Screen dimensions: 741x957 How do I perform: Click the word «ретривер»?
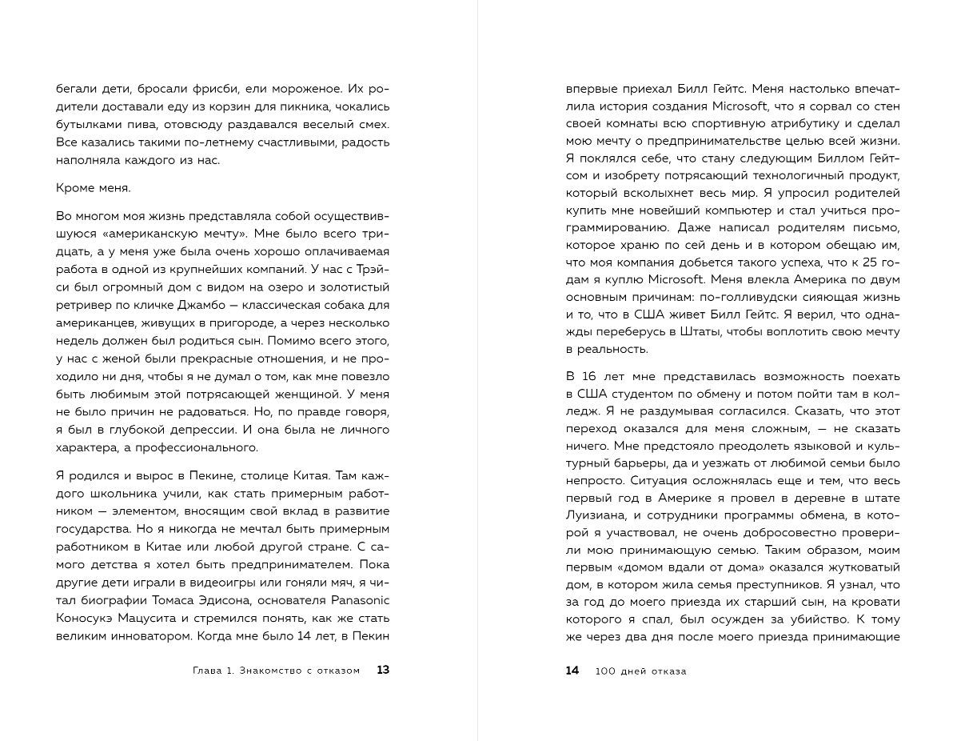pyautogui.click(x=83, y=306)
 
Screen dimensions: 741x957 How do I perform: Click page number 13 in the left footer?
pyautogui.click(x=383, y=671)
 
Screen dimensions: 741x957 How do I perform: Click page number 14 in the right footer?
pyautogui.click(x=572, y=671)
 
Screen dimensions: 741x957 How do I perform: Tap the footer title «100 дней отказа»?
pyautogui.click(x=641, y=671)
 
